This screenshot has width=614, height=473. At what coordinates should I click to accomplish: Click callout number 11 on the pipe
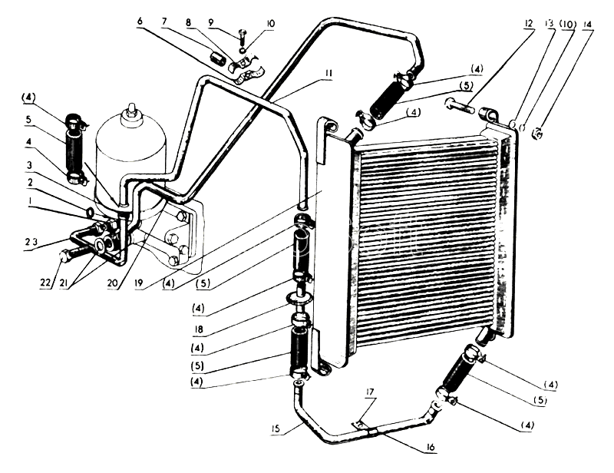[328, 73]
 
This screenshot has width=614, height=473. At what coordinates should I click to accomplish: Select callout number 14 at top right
[586, 24]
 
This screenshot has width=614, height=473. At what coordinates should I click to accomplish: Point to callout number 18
[199, 329]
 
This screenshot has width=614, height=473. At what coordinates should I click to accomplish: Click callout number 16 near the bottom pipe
[431, 447]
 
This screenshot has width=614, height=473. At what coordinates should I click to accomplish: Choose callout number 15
[276, 428]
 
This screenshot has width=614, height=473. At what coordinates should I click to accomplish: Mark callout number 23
[31, 242]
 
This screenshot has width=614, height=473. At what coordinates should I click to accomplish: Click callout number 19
[138, 283]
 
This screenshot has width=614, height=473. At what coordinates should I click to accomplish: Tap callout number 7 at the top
[164, 21]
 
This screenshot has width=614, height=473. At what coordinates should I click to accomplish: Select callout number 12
[528, 24]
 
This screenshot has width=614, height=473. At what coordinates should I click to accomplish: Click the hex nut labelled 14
[537, 134]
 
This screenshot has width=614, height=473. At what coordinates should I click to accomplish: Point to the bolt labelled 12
[460, 106]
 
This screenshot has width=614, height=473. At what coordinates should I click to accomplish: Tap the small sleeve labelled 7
[216, 58]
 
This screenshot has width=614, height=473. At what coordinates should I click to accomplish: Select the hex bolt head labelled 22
[64, 256]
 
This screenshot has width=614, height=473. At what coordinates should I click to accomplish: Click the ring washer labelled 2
[89, 212]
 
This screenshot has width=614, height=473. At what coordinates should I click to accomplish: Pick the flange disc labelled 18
[300, 296]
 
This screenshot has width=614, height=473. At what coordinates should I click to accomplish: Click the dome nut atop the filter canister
[130, 110]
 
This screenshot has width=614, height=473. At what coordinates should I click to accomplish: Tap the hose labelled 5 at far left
[74, 149]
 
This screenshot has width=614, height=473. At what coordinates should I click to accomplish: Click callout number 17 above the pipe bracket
[370, 392]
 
